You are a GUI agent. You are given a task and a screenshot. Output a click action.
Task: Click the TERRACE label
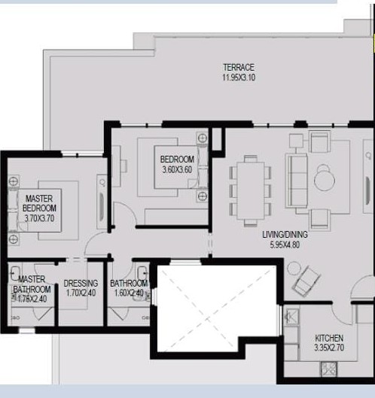click(239, 68)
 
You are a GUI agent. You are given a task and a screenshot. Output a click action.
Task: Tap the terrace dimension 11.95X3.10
click(239, 77)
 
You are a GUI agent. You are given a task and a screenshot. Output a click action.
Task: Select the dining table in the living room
click(251, 190)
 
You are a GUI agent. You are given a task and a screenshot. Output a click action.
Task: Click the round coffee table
click(325, 181)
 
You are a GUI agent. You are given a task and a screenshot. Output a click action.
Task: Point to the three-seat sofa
click(297, 181)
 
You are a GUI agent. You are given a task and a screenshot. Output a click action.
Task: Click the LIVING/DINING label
click(285, 235)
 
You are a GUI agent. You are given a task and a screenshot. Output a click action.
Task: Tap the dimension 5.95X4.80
click(285, 245)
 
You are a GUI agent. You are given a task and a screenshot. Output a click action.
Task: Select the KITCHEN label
click(329, 338)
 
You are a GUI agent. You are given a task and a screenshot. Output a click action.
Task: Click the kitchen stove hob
click(328, 369)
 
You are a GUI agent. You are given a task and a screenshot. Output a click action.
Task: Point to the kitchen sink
click(291, 317)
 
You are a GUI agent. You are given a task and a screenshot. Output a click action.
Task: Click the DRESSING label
click(81, 284)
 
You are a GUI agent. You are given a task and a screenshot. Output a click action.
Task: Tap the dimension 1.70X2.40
click(81, 293)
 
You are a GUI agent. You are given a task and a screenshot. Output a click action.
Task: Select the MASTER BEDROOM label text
click(39, 203)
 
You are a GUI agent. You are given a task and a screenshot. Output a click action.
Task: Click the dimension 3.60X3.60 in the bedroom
click(177, 169)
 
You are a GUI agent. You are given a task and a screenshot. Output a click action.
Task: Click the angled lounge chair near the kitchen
click(306, 281)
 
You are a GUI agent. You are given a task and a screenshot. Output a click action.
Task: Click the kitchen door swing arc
click(341, 318)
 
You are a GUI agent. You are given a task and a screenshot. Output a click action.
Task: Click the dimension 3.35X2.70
click(329, 348)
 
